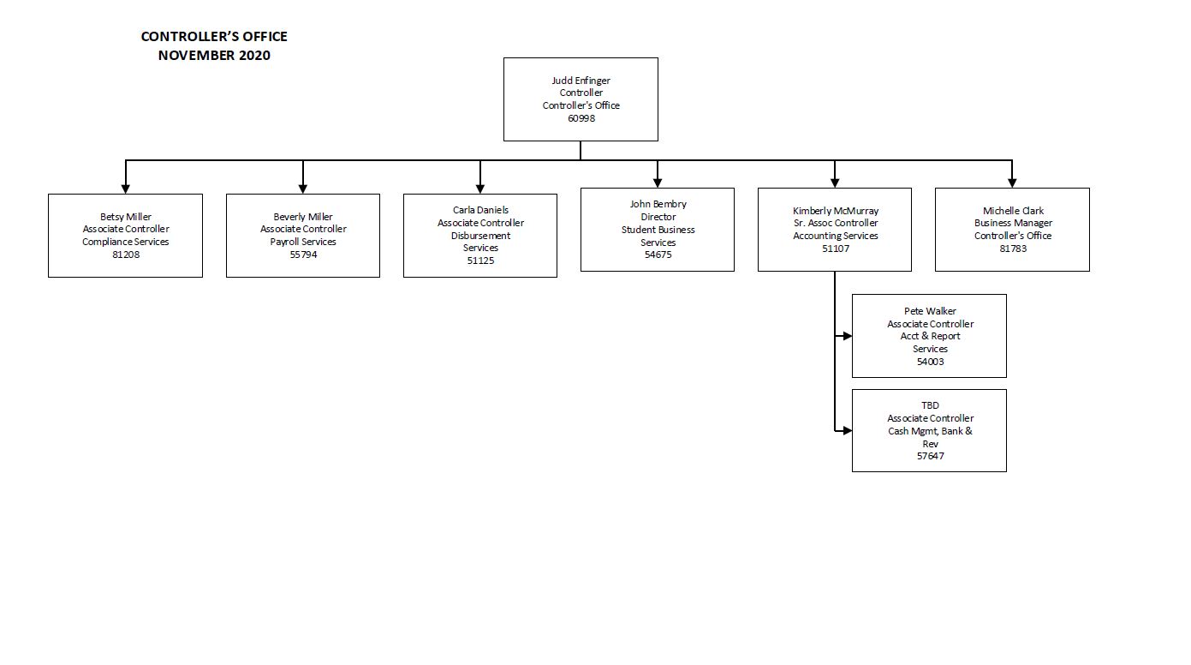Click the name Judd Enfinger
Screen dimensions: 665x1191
pos(581,81)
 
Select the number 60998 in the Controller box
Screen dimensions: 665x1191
pos(581,118)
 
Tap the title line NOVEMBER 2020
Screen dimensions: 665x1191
pos(214,56)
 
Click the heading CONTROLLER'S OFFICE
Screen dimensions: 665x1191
pos(214,37)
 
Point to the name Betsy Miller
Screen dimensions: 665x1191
pos(126,217)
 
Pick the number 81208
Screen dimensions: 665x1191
pos(126,255)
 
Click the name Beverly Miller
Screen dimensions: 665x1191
pos(303,217)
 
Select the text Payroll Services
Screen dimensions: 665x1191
pos(303,242)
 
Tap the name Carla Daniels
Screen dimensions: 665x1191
pos(480,210)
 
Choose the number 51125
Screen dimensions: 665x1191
pos(480,261)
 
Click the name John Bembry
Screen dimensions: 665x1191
pos(658,204)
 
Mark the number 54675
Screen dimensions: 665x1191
pos(658,255)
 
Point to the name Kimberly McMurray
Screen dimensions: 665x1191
pos(835,211)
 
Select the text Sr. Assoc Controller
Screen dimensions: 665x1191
pos(835,223)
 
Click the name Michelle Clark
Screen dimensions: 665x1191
pos(1013,211)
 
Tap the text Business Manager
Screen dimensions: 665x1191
pos(1013,223)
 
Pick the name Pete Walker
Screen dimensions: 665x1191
pos(930,311)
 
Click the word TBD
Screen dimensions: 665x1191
pos(930,405)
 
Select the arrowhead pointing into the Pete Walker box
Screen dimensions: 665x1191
pos(847,337)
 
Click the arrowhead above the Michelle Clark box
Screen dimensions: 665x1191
pos(1012,183)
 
